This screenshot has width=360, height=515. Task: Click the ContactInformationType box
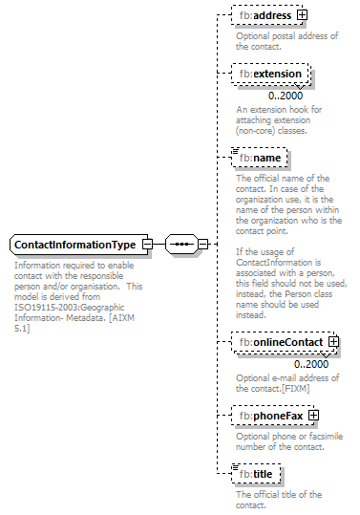[x=74, y=245]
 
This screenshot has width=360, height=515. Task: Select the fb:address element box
[x=265, y=15]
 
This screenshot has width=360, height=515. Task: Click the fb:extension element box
[x=270, y=74]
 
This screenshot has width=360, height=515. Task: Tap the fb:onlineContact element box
[x=281, y=342]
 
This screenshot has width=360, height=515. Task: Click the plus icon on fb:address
[x=303, y=15]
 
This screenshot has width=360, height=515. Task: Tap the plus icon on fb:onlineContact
[x=333, y=342]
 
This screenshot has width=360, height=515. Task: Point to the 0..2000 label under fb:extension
[x=286, y=96]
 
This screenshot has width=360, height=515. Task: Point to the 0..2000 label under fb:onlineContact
[x=311, y=364]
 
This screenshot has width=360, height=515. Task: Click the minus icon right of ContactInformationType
[x=146, y=245]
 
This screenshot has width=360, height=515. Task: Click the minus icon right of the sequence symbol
[x=202, y=245]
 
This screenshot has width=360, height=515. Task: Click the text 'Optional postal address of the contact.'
[x=286, y=41]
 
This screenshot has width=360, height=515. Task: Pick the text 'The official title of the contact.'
[x=278, y=499]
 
